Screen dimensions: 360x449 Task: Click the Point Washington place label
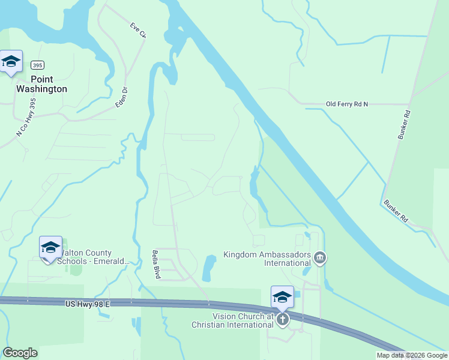(41, 84)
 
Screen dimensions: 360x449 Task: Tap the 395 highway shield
(38, 65)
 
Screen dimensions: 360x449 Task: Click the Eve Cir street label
(138, 31)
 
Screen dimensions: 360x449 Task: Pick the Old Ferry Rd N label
(346, 104)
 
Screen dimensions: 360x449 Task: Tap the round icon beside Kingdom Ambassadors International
(320, 258)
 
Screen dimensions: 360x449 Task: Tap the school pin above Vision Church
(282, 296)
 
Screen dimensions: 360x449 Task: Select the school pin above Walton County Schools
(50, 247)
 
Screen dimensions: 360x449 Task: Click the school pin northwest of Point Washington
(11, 61)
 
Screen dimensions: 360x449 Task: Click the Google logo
(20, 353)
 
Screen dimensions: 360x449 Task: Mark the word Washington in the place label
(41, 89)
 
